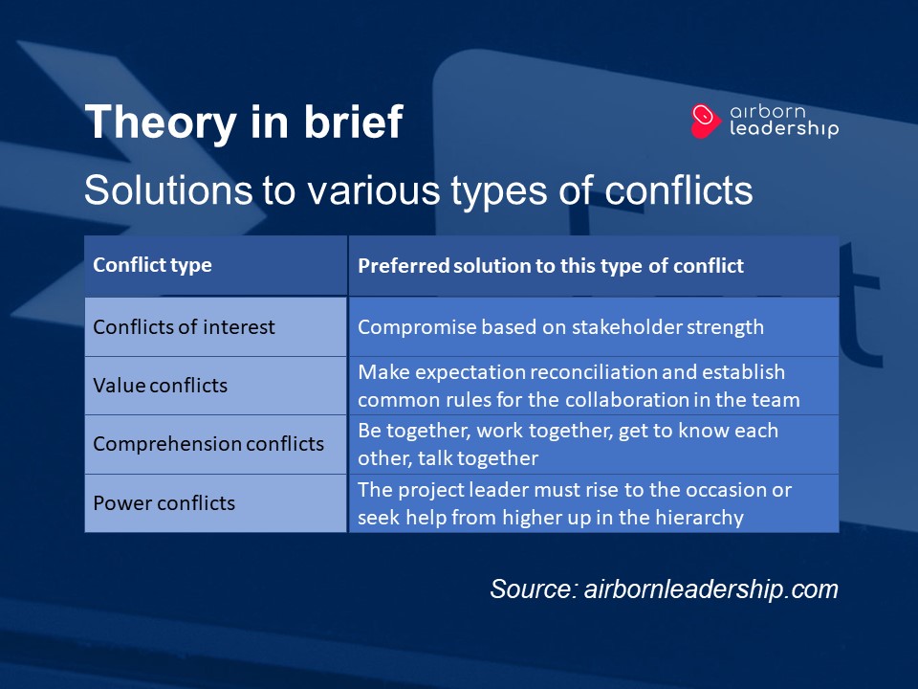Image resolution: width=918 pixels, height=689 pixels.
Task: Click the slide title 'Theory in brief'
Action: [x=243, y=122]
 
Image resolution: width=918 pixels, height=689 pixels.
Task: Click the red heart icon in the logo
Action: [x=705, y=121]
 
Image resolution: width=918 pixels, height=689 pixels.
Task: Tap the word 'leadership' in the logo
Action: [x=783, y=129]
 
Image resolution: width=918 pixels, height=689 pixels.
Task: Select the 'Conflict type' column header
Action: [x=152, y=265]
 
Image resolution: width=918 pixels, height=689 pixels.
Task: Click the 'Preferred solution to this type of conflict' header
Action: [x=550, y=266]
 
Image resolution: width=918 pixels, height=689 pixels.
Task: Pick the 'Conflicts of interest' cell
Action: [x=184, y=327]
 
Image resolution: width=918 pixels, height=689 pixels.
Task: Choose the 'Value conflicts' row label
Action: [x=160, y=386]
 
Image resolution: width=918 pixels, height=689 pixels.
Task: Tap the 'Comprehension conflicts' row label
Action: [x=208, y=444]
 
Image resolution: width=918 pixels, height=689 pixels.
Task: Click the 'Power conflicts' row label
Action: [x=164, y=503]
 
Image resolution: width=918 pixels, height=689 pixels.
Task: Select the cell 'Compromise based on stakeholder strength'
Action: [x=560, y=327]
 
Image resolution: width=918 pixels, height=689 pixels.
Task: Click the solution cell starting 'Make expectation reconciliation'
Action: [x=579, y=386]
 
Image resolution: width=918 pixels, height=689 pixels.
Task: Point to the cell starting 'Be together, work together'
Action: [x=567, y=444]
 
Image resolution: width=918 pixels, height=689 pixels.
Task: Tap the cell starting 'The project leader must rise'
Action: [x=574, y=503]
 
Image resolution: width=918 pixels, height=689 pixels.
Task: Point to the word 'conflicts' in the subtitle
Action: [x=679, y=190]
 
